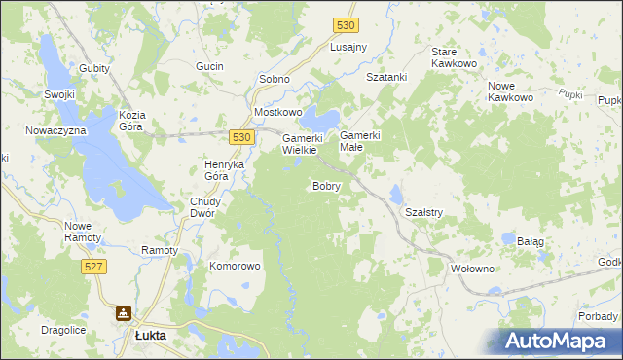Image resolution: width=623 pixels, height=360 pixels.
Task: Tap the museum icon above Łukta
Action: [124, 313]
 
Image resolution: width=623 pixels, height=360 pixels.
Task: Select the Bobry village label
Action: [326, 186]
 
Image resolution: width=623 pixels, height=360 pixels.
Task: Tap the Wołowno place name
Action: [475, 269]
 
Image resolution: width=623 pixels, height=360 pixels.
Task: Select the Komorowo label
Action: [236, 266]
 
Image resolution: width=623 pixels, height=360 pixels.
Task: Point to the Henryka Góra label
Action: [223, 170]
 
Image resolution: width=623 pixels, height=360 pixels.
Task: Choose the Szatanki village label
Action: [385, 77]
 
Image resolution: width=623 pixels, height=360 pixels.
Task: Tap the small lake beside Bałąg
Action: [508, 237]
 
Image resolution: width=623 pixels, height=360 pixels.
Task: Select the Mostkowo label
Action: [278, 112]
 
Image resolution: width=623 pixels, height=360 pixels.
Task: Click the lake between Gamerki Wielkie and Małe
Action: [321, 121]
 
